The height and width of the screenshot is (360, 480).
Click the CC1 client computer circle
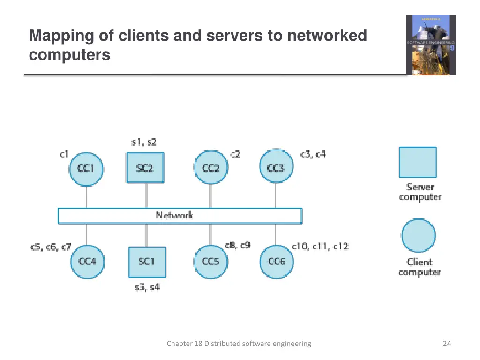point(86,168)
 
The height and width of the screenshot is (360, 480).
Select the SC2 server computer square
point(145,167)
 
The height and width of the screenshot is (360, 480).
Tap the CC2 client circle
point(210,168)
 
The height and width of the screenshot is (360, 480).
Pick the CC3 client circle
point(276,167)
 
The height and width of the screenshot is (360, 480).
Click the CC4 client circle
point(87,262)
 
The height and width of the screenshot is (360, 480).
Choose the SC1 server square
point(147,262)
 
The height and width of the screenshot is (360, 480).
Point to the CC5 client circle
point(210,262)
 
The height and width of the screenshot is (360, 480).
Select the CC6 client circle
point(277,262)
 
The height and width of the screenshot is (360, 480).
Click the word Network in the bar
point(174,215)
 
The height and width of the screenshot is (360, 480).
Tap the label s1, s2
point(144,142)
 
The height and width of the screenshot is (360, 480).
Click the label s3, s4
point(147,287)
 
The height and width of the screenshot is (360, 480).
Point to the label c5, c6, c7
point(51,247)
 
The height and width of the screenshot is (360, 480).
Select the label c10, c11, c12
point(320,246)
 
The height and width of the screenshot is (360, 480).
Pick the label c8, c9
point(238,245)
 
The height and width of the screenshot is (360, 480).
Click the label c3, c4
point(313,154)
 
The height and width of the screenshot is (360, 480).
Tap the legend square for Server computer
point(418,162)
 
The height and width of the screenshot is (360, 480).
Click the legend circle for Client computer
point(419,236)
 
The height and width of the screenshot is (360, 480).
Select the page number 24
point(447,344)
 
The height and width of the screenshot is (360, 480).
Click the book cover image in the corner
point(431,45)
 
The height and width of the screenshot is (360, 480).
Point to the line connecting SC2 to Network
point(146,195)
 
